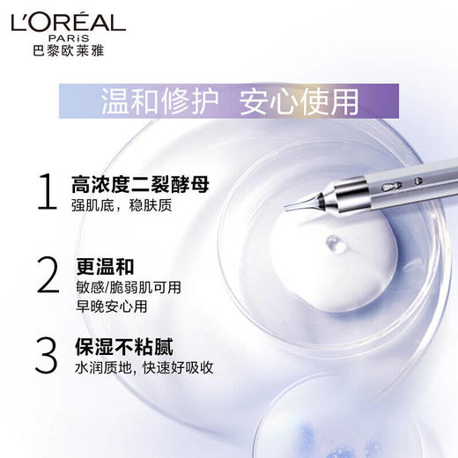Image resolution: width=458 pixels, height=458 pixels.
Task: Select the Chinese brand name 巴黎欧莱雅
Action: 69,52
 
